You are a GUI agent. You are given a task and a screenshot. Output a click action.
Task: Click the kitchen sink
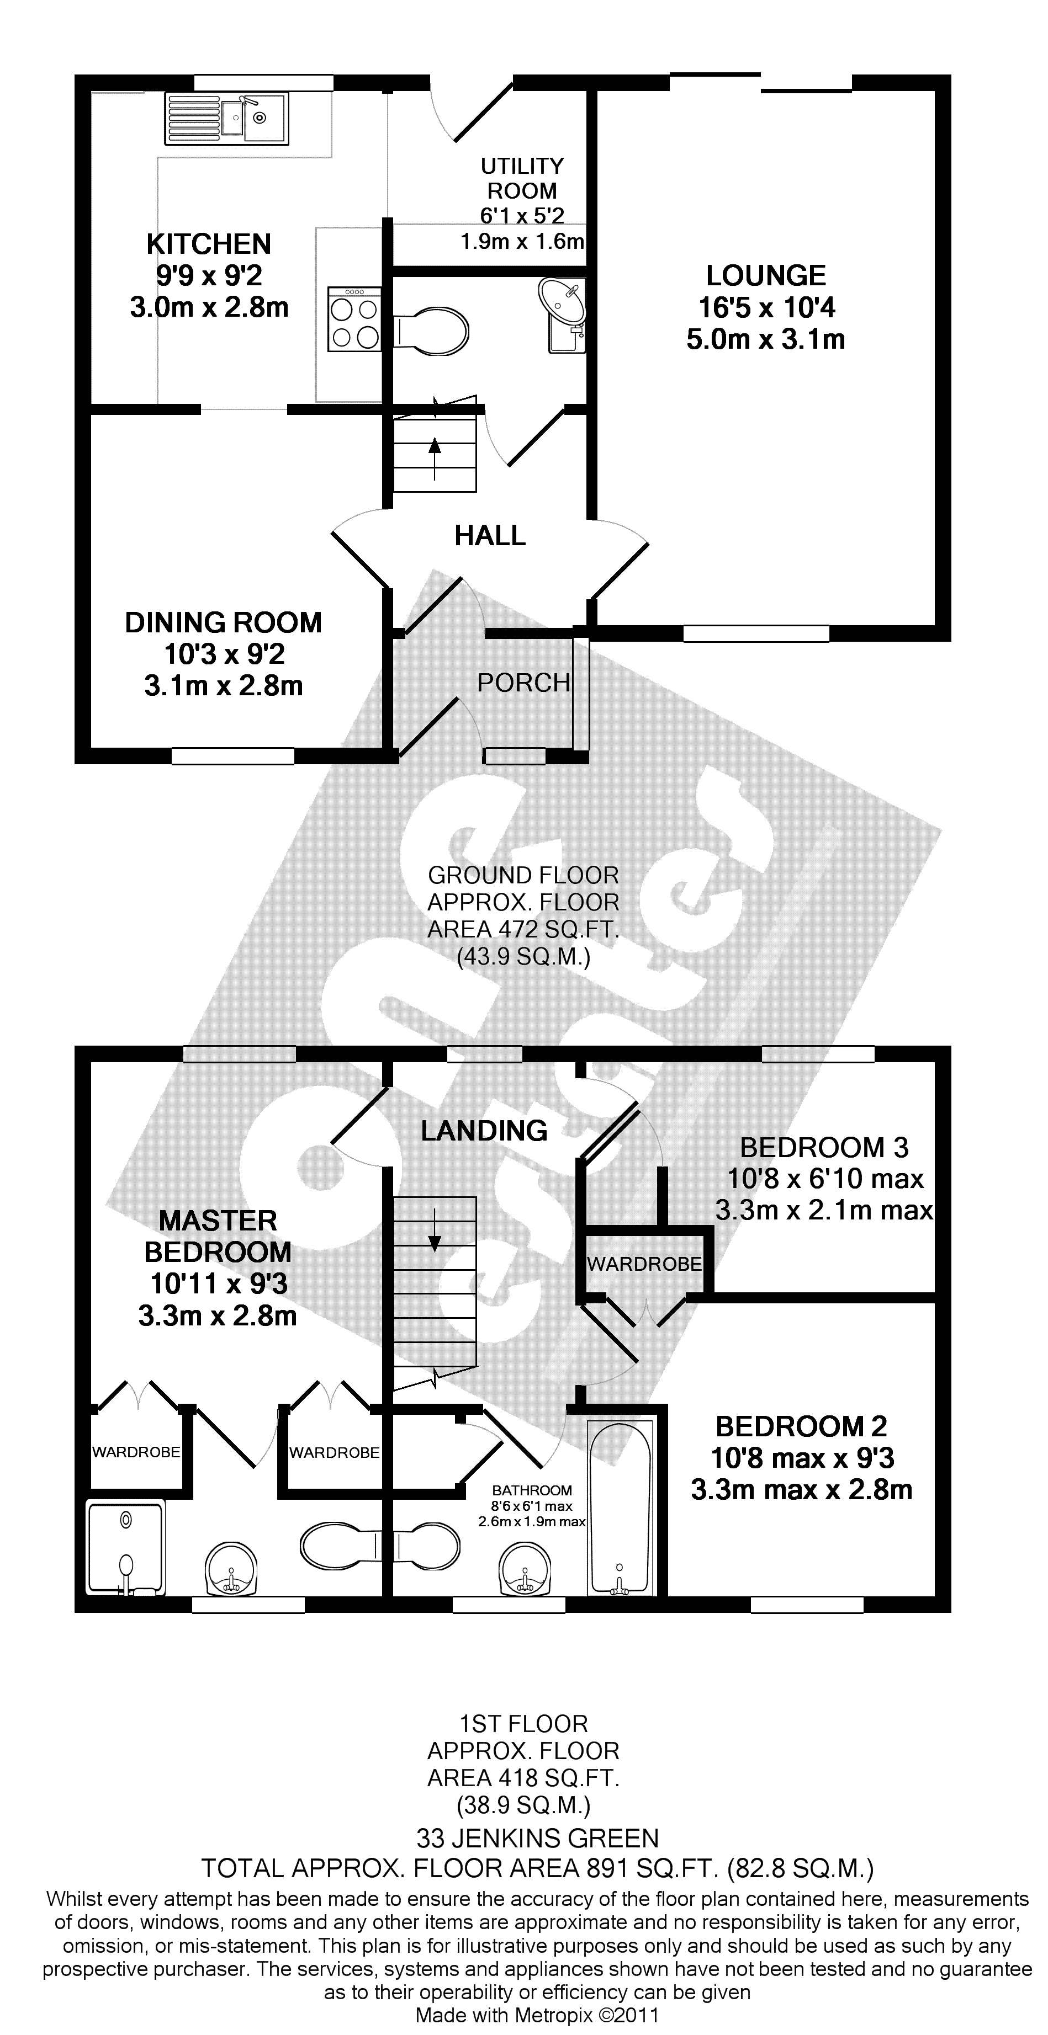click(x=227, y=119)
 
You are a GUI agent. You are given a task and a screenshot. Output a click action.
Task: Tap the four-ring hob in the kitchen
click(x=354, y=318)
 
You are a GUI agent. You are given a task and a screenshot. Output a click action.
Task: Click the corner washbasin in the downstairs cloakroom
click(x=564, y=304)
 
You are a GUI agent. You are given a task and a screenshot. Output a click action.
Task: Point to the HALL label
click(x=490, y=536)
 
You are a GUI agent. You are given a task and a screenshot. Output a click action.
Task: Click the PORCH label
click(x=523, y=683)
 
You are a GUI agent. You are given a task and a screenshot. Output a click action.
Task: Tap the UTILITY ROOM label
click(x=522, y=179)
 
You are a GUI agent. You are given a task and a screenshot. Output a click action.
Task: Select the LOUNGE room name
click(x=766, y=276)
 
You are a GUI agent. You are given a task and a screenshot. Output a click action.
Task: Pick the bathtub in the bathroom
click(x=621, y=1506)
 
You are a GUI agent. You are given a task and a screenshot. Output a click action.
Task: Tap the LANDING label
click(x=484, y=1131)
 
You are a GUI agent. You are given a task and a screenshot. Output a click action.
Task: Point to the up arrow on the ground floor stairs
click(x=434, y=457)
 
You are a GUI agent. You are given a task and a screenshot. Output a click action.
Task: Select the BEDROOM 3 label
click(x=823, y=1147)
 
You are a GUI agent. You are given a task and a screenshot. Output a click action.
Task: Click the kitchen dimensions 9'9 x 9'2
click(x=209, y=276)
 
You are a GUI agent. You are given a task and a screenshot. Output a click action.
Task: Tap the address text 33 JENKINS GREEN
click(x=537, y=1840)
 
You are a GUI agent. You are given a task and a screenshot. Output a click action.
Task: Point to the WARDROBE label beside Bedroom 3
click(x=644, y=1264)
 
